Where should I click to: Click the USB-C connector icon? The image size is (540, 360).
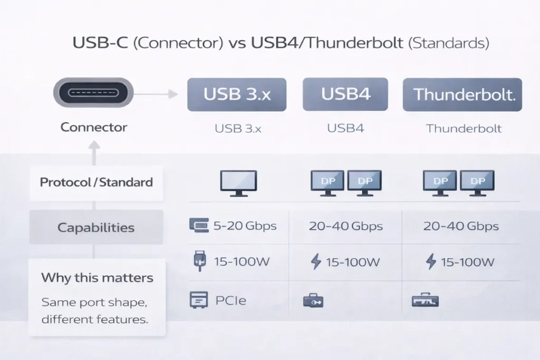coord(93,93)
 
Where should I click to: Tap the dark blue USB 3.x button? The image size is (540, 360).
coord(237,95)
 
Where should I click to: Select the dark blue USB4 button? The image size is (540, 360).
coord(345,94)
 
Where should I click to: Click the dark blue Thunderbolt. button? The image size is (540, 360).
coord(462,95)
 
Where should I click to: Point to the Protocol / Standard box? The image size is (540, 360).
coord(96,182)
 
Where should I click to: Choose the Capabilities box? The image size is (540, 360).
coord(96,227)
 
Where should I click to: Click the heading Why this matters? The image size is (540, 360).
coord(97,277)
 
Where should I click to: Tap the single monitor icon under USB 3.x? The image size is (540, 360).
coord(239,183)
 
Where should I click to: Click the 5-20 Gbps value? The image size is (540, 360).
coord(245,226)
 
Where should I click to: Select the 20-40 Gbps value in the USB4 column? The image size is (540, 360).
coord(346,226)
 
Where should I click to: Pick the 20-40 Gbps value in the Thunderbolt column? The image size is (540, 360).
coord(461,226)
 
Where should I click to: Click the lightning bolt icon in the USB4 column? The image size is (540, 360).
coord(316,261)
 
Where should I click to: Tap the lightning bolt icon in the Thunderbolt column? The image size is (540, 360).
coord(431,261)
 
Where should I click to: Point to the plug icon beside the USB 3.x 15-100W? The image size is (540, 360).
coord(200,261)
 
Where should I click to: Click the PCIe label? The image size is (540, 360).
coord(231,300)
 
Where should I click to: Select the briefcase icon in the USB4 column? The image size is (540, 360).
coord(313,300)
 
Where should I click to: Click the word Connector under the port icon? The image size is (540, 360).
coord(94,128)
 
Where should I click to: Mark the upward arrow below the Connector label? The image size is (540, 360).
coord(94,153)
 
